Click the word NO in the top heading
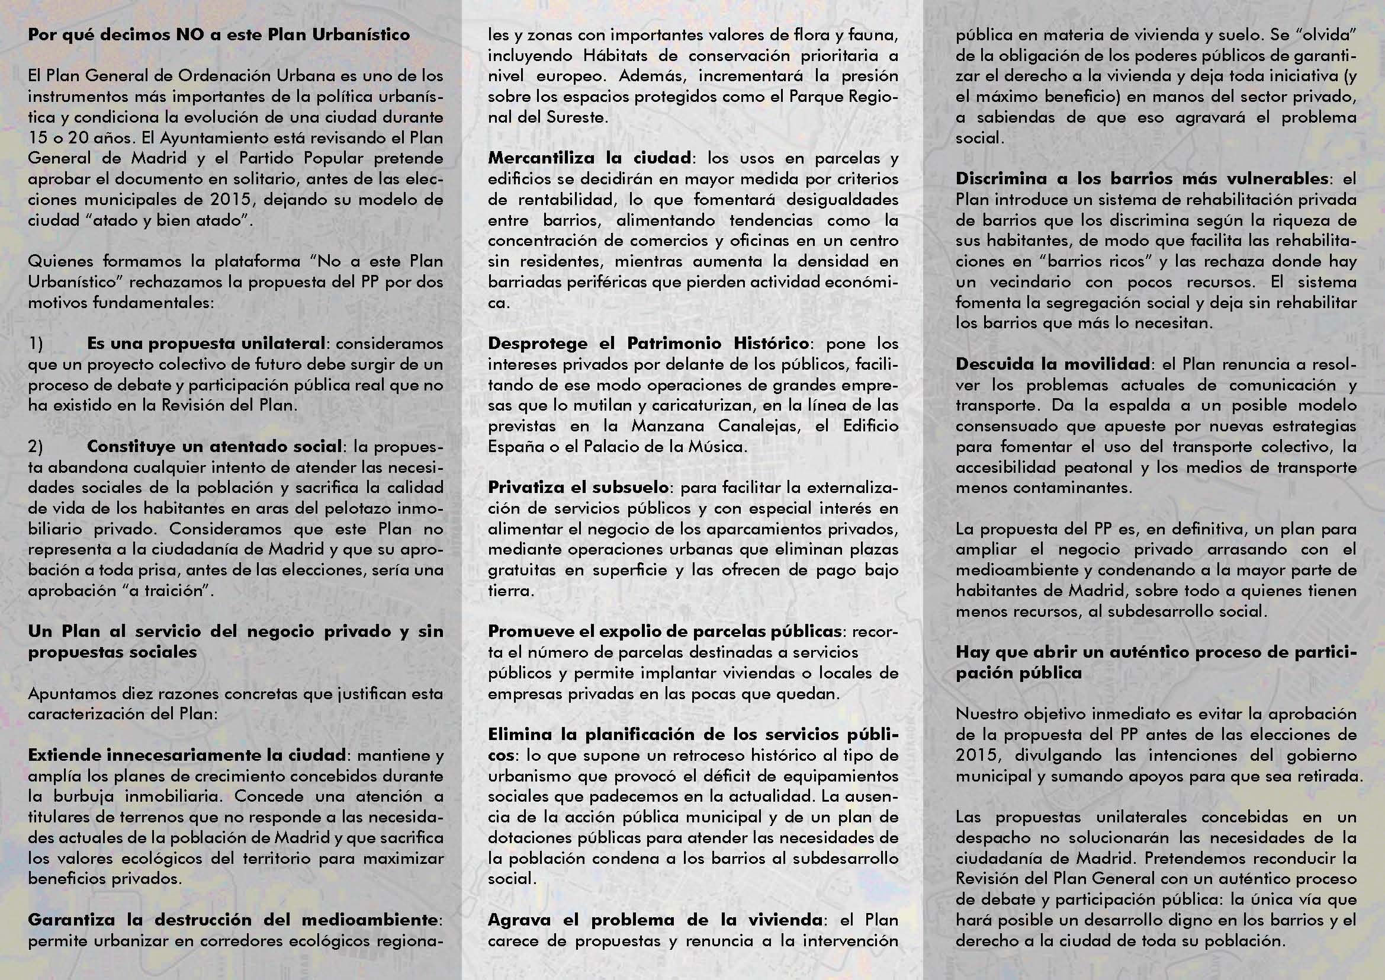click(190, 34)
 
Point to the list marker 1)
click(36, 344)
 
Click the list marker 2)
click(36, 447)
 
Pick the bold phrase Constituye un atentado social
click(214, 447)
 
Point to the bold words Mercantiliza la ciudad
click(589, 158)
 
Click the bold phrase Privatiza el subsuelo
click(578, 487)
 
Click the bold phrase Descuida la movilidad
click(1053, 364)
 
